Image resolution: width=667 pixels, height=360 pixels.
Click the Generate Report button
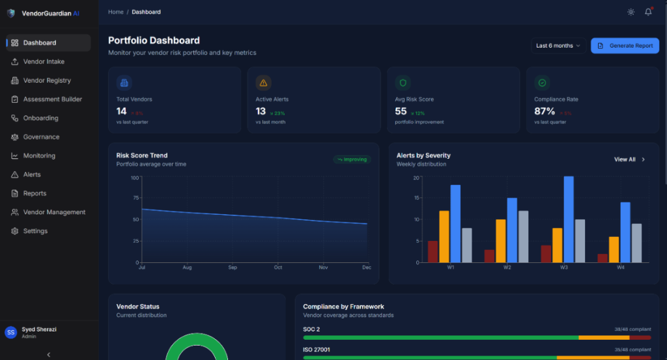coord(625,46)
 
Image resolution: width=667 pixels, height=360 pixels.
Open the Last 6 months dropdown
coord(558,46)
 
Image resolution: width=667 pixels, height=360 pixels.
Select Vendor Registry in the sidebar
coord(47,81)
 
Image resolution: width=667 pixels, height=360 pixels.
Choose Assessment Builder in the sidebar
coord(52,100)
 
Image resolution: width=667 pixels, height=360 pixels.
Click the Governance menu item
coord(41,137)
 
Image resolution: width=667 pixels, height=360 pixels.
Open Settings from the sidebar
coord(35,231)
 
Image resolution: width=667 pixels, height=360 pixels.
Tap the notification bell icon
coord(648,12)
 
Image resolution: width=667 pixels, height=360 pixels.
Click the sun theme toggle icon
coord(631,12)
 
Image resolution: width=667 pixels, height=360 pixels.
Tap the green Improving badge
coord(352,159)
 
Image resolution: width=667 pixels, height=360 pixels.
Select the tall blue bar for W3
coord(569,219)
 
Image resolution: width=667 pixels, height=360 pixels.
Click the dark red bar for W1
coord(433,251)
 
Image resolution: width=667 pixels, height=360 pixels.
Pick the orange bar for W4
coord(614,249)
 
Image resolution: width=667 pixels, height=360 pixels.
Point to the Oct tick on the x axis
coord(277,268)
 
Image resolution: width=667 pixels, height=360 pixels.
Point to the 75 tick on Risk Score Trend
coord(135,199)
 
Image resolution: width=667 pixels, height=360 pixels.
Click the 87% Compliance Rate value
coord(545,111)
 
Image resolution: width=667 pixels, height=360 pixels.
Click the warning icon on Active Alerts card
coord(263,83)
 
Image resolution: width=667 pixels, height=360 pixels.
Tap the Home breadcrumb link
coord(115,12)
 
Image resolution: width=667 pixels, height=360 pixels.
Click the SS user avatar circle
coord(10,333)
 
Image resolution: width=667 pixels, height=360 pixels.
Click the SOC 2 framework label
coord(311,329)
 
